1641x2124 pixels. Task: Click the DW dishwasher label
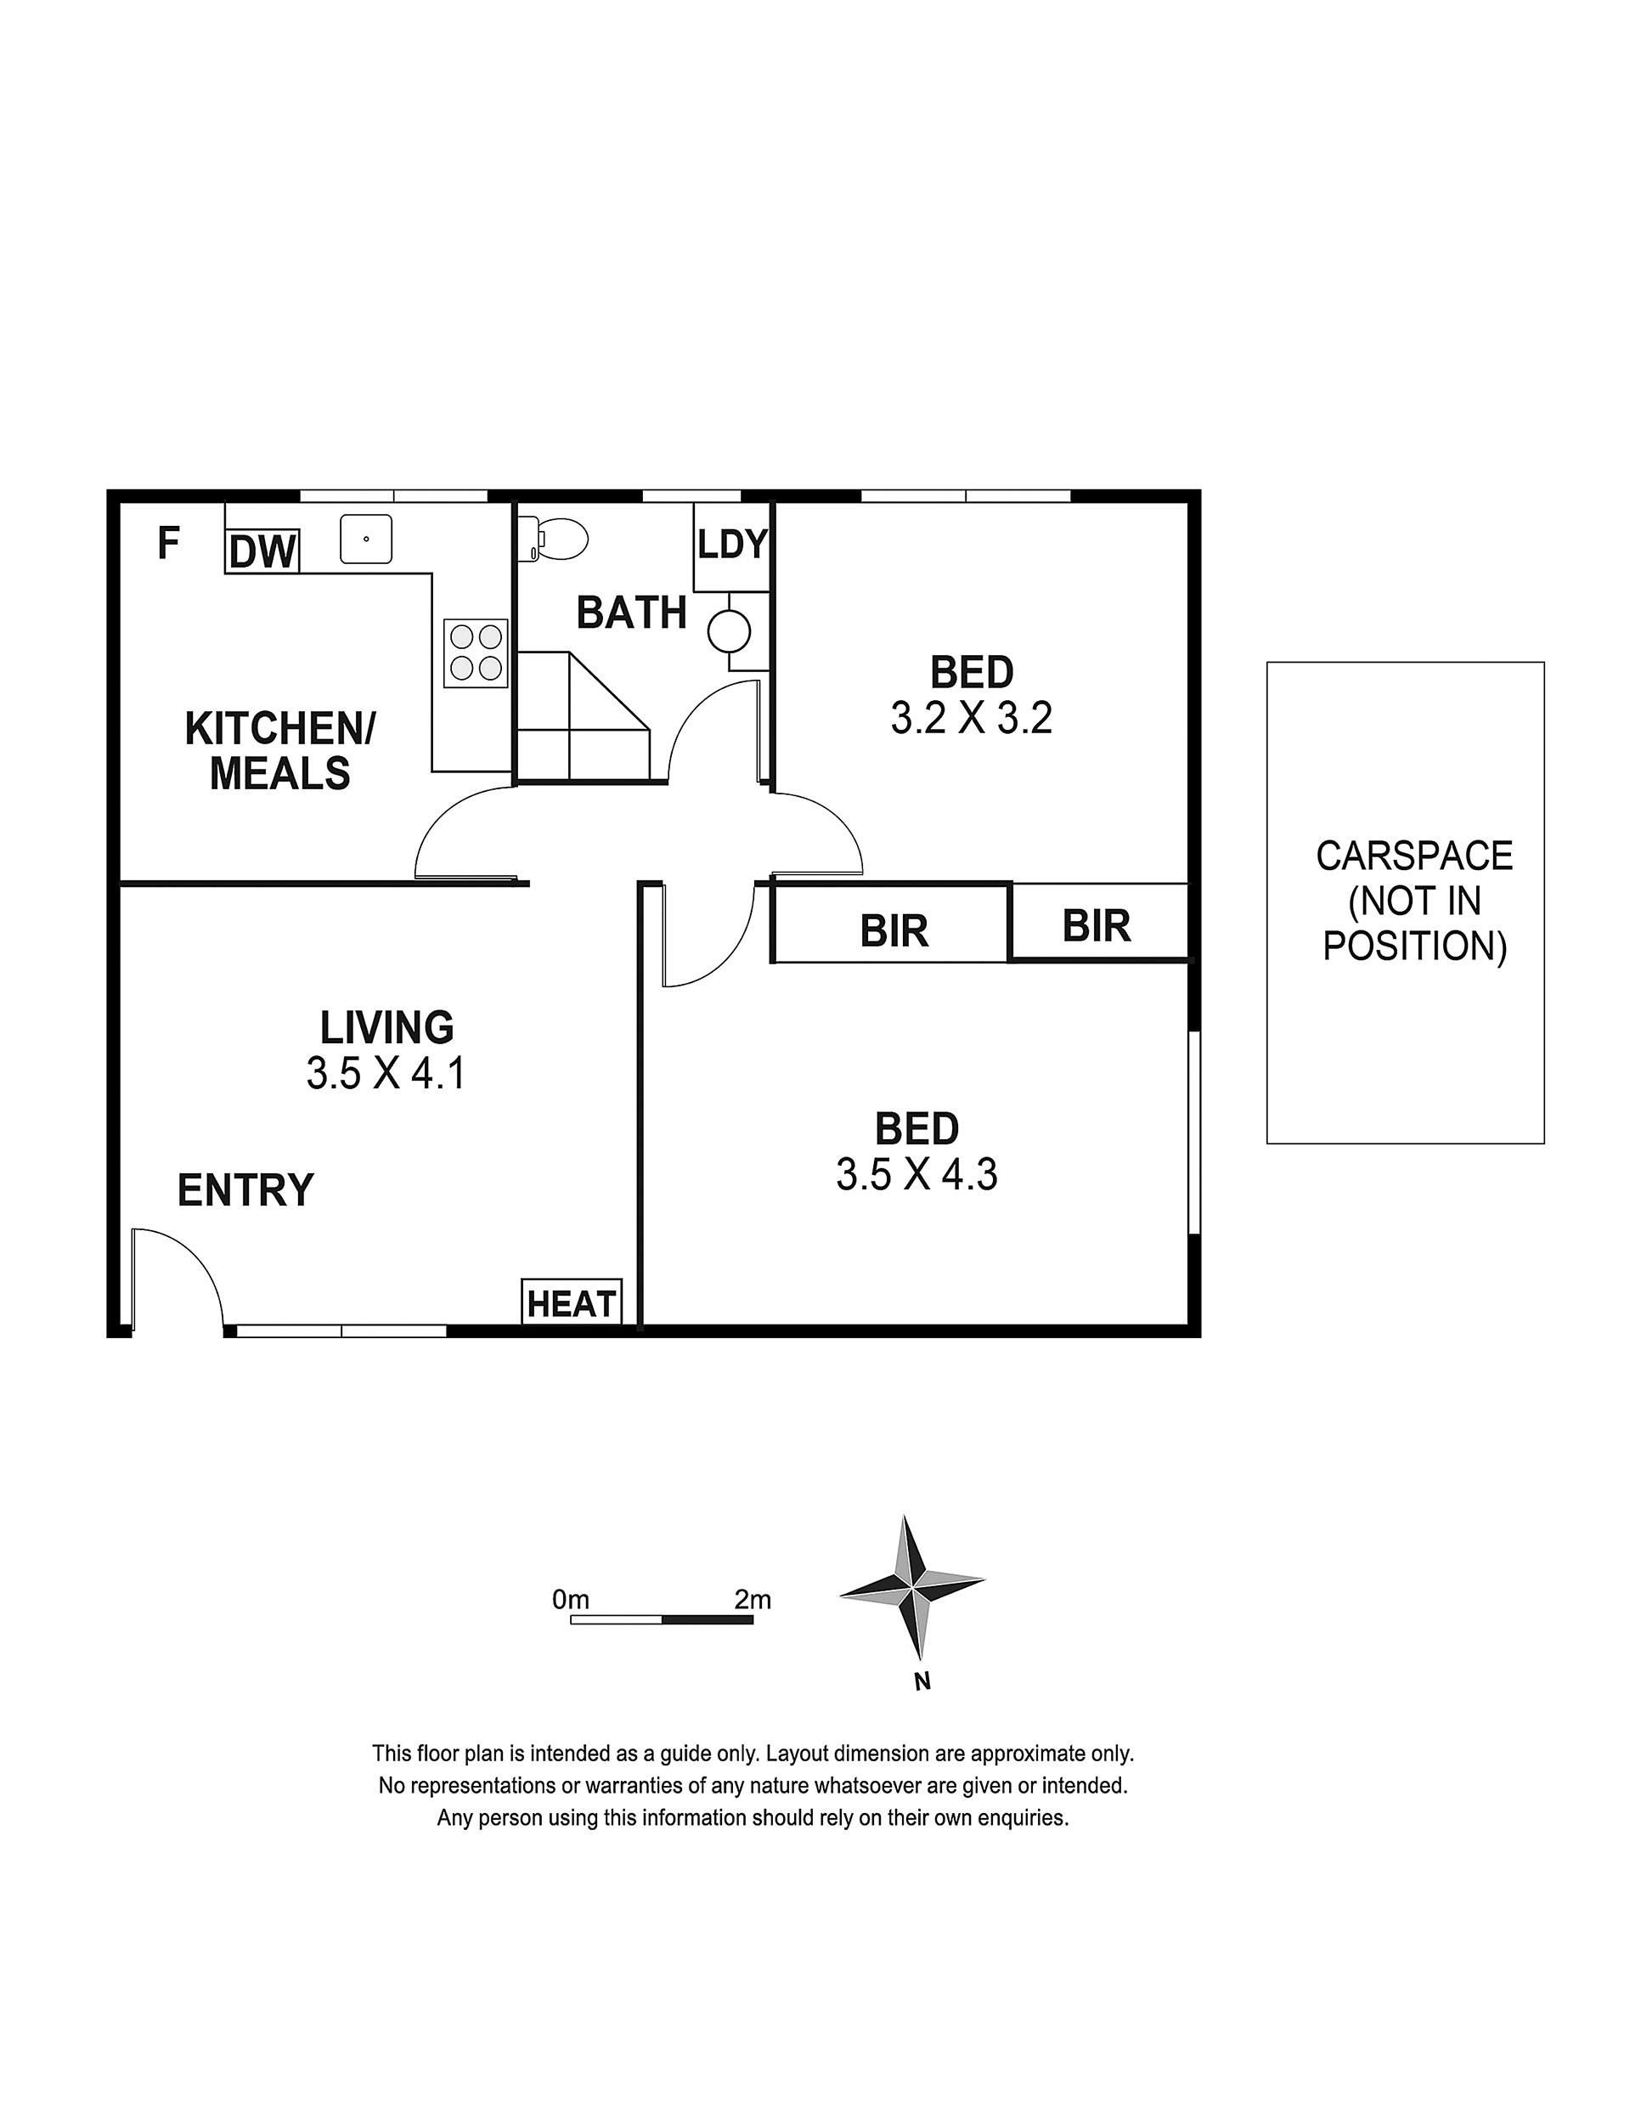click(262, 552)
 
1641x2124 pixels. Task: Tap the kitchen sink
click(365, 539)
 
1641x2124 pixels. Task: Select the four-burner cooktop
click(477, 653)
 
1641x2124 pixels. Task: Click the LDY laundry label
click(732, 544)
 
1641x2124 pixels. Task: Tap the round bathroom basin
click(729, 632)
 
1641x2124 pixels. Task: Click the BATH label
click(632, 613)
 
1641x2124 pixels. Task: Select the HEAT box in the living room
click(572, 1303)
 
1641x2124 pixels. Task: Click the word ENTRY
click(246, 1190)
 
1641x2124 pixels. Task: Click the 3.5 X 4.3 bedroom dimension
click(916, 1175)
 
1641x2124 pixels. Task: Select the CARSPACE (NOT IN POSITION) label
click(1414, 901)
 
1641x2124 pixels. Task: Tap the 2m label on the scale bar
click(753, 1599)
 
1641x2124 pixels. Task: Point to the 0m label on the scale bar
click(571, 1599)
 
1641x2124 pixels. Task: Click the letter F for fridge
click(168, 544)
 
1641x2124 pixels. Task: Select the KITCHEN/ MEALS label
click(280, 751)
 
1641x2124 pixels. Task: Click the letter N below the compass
click(922, 1681)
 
